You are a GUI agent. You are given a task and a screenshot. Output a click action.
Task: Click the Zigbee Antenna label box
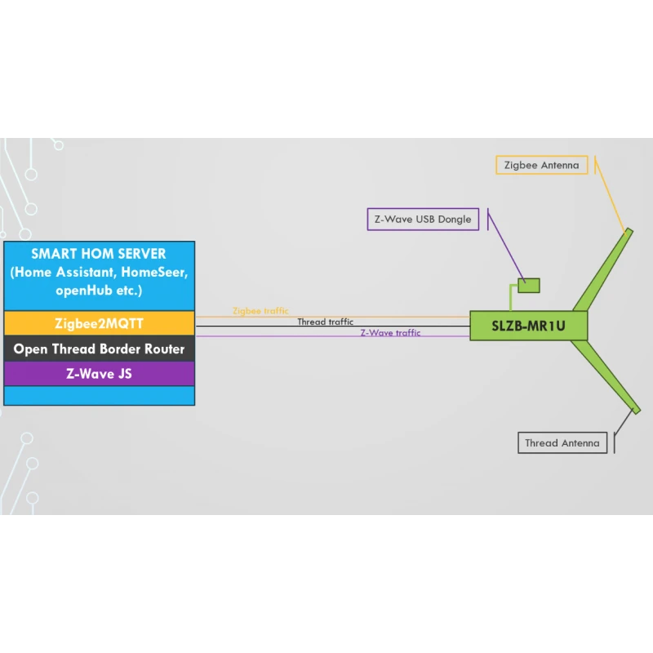541,165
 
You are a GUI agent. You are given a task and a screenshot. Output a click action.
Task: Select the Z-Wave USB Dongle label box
423,220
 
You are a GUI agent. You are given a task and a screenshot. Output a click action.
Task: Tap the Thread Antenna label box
562,443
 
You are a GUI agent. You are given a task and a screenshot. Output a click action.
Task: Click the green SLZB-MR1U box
528,326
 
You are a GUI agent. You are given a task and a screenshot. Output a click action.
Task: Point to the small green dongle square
529,285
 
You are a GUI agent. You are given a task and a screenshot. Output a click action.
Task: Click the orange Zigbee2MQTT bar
99,323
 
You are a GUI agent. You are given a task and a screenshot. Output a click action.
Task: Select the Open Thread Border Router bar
99,349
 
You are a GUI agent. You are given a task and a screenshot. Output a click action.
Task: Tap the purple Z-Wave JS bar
99,374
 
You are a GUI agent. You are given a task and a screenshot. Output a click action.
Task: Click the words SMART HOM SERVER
99,254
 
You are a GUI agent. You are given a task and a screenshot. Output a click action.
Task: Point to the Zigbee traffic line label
260,311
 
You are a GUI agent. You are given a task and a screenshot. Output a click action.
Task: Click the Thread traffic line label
325,322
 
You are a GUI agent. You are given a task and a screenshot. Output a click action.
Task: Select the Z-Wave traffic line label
390,333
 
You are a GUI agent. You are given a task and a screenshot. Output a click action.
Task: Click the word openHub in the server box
81,291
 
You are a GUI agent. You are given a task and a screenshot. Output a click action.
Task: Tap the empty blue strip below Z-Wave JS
99,396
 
